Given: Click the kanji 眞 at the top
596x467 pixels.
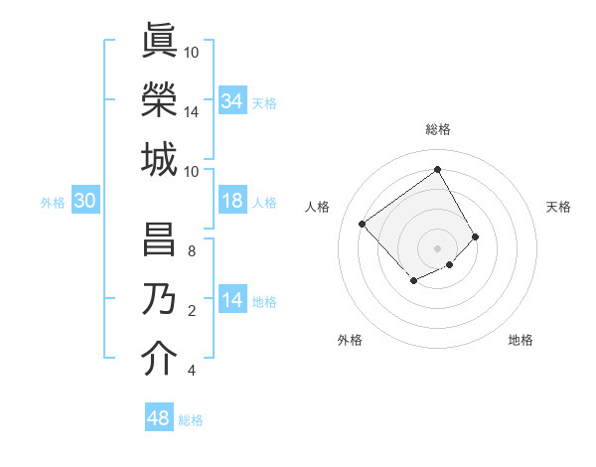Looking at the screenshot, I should tap(158, 40).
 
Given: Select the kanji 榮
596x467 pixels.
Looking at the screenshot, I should tap(158, 99).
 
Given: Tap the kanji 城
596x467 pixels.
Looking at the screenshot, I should tap(158, 159).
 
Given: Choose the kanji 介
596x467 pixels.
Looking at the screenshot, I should tap(158, 360).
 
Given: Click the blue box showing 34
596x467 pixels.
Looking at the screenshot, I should tap(231, 100).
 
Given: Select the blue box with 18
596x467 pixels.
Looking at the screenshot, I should tap(231, 201).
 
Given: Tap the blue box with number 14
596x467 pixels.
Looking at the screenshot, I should tap(231, 300).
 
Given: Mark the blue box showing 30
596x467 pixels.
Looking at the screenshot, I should tap(84, 201).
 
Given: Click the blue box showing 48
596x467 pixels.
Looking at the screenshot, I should tap(159, 418).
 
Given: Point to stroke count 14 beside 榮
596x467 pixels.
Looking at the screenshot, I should tap(192, 111).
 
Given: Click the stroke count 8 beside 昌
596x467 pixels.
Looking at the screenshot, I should tap(192, 250).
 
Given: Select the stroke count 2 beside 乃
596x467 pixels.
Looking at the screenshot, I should tap(192, 311).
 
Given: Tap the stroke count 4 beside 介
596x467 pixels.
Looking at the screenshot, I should tap(192, 371).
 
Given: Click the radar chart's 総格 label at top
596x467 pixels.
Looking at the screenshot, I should tap(437, 129).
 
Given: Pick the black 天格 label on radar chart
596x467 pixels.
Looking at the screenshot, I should tap(558, 207).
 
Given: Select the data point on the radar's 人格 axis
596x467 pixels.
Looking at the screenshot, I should tap(363, 224).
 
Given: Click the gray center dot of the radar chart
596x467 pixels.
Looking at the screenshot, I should tap(437, 247).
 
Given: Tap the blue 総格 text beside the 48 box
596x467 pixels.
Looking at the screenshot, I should tap(191, 420).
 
